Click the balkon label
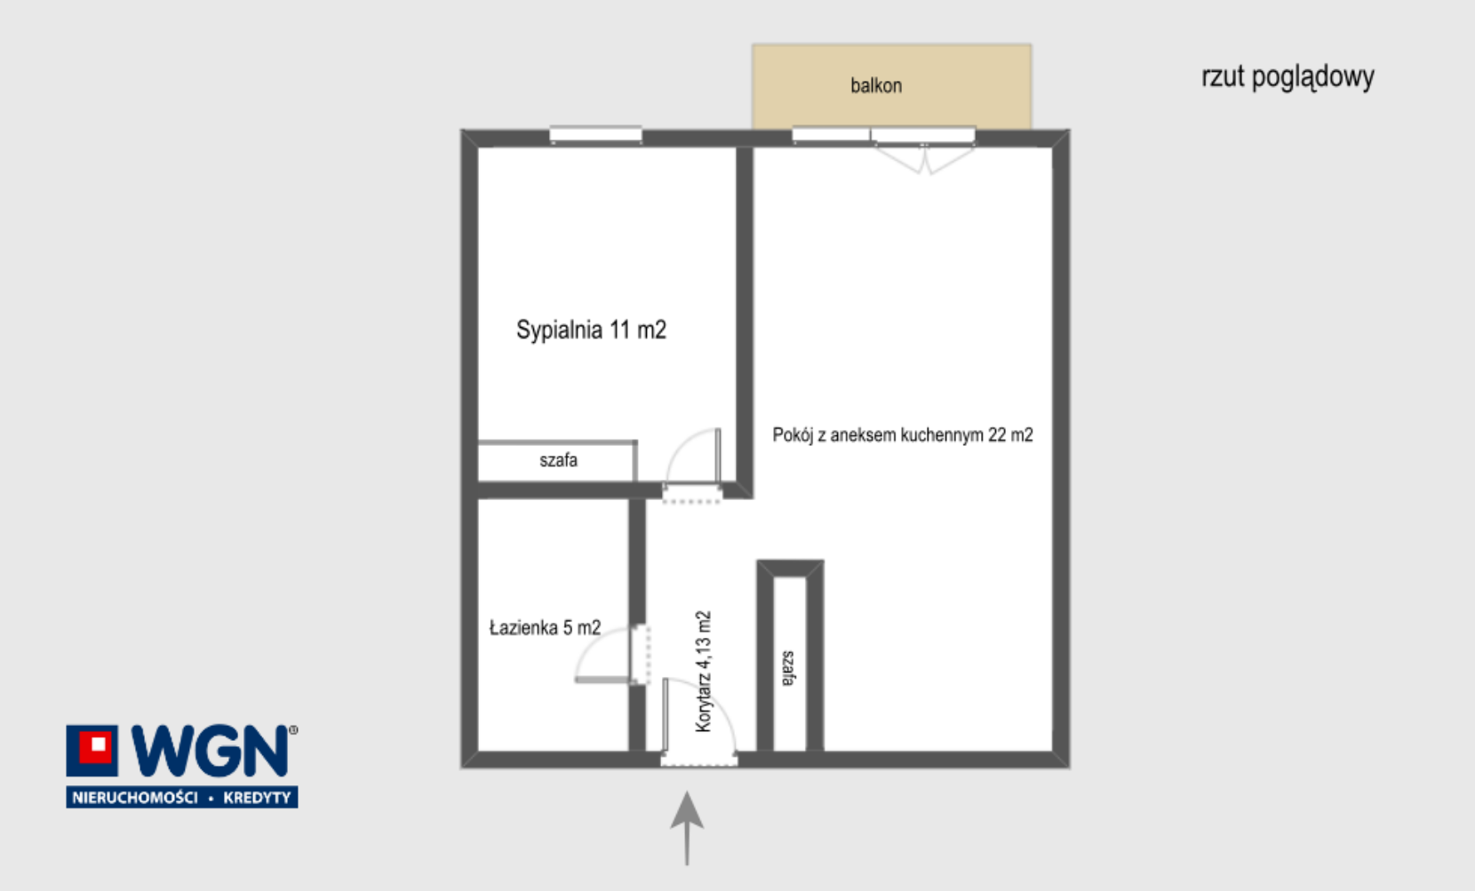point(876,85)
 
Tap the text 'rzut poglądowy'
point(1288,77)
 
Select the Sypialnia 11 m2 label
point(591,330)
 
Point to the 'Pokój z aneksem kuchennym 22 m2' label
point(902,434)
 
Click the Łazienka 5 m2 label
point(546,627)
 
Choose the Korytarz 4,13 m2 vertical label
point(703,672)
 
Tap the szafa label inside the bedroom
point(558,459)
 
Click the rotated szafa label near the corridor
point(788,668)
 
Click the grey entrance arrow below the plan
point(687,829)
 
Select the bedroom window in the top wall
point(595,135)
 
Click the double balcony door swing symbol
point(924,160)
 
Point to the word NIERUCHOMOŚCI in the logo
point(135,798)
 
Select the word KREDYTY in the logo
point(257,798)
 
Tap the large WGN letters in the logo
point(210,751)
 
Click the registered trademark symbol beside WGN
point(293,729)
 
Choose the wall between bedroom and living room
point(744,321)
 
